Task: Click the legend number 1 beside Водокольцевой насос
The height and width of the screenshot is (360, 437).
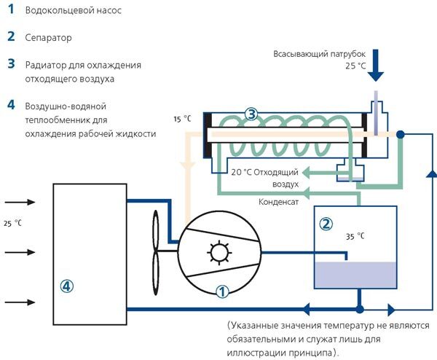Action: tap(11, 9)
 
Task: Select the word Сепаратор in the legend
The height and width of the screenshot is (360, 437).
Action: tap(49, 38)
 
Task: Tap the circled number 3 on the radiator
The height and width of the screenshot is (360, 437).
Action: tap(251, 114)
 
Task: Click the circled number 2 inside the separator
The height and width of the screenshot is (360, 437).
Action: tap(326, 224)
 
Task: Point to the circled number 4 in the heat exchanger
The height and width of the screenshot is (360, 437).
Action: tap(67, 286)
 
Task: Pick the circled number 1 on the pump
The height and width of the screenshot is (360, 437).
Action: tap(222, 292)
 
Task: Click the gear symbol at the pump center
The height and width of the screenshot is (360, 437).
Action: tap(219, 253)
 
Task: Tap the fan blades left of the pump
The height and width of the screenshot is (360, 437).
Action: tap(156, 252)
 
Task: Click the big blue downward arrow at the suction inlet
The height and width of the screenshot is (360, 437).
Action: tap(376, 66)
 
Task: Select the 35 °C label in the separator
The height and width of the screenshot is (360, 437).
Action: tap(355, 236)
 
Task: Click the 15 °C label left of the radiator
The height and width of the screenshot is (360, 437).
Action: tap(183, 119)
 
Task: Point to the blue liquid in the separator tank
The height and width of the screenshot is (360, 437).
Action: tap(355, 275)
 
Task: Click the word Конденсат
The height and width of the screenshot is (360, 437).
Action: tap(278, 202)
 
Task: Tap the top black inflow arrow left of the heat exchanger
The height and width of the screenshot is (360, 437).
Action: tap(20, 202)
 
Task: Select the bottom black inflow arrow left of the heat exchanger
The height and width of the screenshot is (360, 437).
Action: tap(20, 302)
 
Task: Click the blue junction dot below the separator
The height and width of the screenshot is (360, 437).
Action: tap(360, 309)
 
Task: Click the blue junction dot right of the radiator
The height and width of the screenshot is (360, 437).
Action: tap(400, 135)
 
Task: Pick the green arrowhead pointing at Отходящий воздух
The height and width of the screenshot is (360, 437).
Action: tap(307, 173)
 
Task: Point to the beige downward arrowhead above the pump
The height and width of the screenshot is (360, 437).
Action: tap(188, 166)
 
